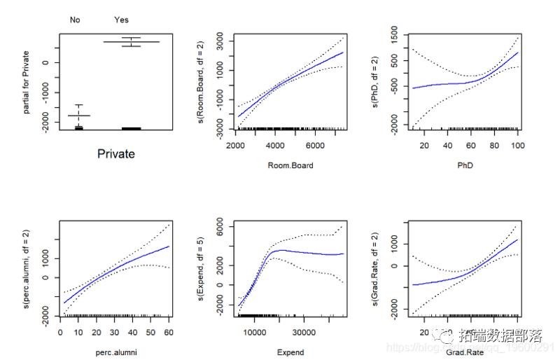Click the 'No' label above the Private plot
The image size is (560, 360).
pyautogui.click(x=75, y=20)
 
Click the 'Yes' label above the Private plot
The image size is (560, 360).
pyautogui.click(x=121, y=20)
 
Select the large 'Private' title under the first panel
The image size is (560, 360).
pyautogui.click(x=115, y=154)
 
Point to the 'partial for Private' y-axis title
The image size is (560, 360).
pyautogui.click(x=26, y=82)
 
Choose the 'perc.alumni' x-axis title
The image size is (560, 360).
pyautogui.click(x=115, y=352)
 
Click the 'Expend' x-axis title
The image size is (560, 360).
pyautogui.click(x=289, y=352)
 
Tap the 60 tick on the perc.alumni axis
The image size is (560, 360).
pyautogui.click(x=169, y=332)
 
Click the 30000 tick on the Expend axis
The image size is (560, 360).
pyautogui.click(x=304, y=332)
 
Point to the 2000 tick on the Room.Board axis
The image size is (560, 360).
pyautogui.click(x=236, y=145)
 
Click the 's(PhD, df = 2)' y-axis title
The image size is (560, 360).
pyautogui.click(x=377, y=82)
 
